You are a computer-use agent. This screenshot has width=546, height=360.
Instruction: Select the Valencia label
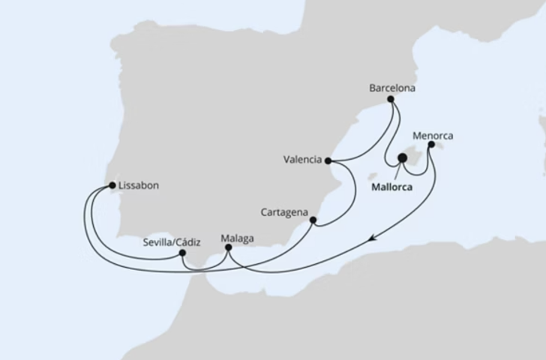(303, 160)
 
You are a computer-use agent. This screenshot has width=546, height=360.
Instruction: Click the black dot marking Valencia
(328, 160)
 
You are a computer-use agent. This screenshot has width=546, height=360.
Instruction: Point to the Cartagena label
(283, 212)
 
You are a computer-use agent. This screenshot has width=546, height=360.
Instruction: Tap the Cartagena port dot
(313, 220)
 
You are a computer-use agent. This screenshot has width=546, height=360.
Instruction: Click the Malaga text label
(237, 240)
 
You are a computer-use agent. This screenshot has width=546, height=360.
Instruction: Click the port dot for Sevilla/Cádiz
(182, 253)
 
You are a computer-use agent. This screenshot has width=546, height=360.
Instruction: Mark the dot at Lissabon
(112, 184)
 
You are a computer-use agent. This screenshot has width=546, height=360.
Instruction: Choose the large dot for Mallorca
(402, 158)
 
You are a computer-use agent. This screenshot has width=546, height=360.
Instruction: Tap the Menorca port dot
(430, 145)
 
